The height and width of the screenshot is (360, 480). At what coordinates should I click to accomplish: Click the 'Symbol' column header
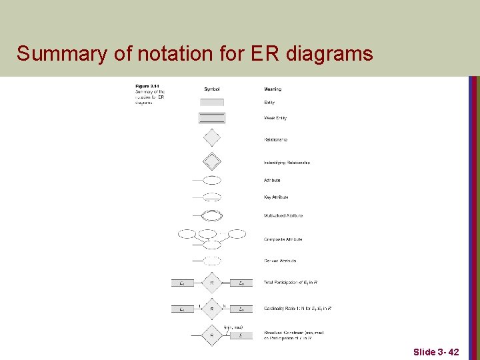[x=212, y=89]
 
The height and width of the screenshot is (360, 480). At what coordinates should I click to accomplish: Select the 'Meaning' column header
[x=272, y=89]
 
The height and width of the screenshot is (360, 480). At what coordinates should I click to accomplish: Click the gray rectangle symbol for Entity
[x=212, y=102]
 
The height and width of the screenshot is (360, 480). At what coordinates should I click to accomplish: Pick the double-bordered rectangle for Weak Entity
[x=212, y=118]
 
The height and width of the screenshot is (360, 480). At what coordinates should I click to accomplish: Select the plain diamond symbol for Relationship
[x=211, y=138]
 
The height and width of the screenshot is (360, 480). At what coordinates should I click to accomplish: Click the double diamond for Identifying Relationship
[x=211, y=161]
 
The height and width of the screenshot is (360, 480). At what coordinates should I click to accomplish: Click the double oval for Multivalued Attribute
[x=212, y=215]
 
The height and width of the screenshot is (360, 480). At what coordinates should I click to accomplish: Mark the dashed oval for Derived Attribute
[x=212, y=261]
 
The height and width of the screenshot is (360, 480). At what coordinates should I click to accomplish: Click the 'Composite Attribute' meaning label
[x=283, y=239]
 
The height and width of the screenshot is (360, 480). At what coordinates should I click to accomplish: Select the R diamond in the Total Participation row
[x=211, y=283]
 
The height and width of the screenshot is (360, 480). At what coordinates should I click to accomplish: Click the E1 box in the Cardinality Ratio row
[x=182, y=309]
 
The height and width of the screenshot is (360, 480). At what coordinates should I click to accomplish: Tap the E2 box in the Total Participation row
[x=241, y=283]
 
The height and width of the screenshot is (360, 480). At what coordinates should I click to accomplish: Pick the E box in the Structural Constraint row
[x=241, y=335]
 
